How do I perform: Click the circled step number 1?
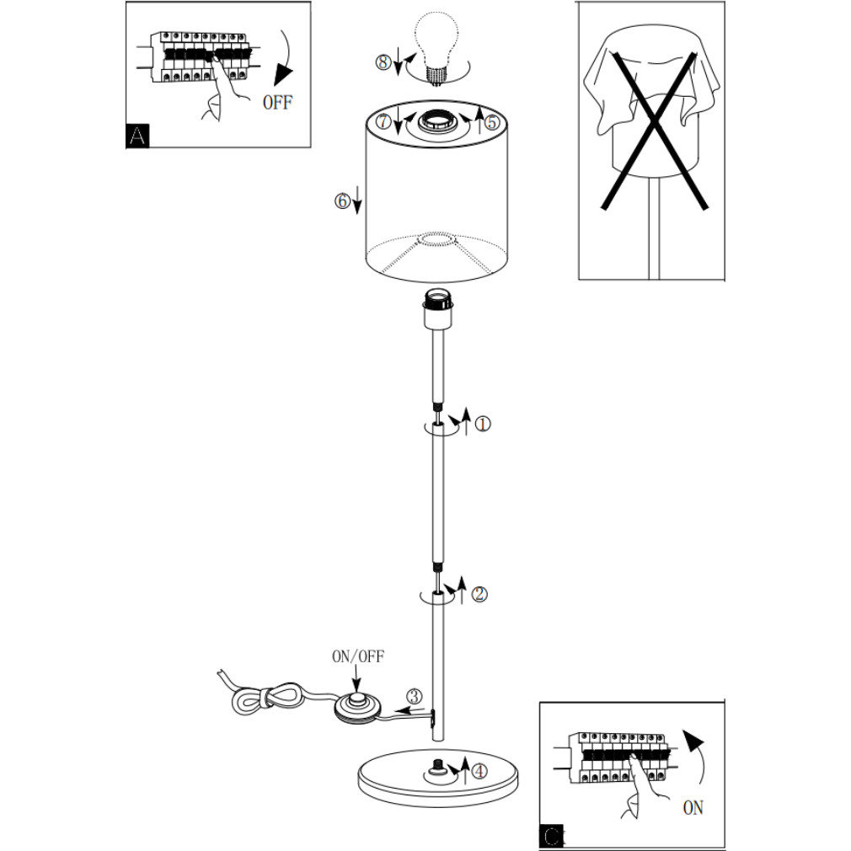483,425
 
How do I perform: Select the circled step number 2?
479,594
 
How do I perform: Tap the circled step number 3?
414,697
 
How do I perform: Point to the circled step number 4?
479,770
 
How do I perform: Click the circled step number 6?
341,201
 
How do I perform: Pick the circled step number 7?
384,121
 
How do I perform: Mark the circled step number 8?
384,62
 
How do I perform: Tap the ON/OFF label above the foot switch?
357,656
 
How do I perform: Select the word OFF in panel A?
277,104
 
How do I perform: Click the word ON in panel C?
693,808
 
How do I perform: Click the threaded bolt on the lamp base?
437,768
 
